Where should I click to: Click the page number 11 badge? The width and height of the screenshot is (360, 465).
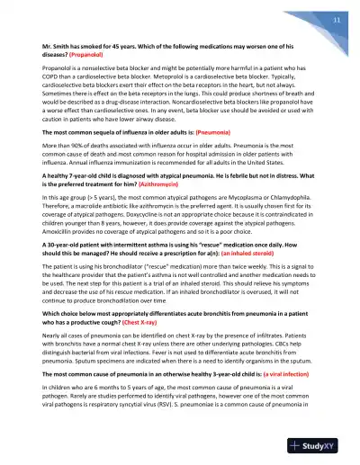pyautogui.click(x=336, y=20)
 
